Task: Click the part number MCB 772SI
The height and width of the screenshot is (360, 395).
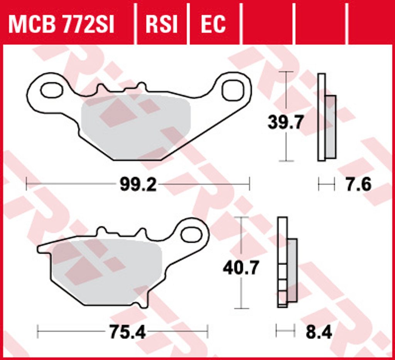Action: [61, 24]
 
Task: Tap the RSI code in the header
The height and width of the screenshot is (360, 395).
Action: [162, 24]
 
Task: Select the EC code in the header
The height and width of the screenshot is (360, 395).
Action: [213, 24]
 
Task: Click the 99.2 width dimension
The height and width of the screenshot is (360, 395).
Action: [138, 185]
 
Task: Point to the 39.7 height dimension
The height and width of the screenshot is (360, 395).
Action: [285, 122]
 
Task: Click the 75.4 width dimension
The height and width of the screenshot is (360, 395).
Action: [127, 332]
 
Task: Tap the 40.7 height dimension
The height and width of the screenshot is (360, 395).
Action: [241, 268]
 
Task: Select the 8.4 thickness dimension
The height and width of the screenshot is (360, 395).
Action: [319, 332]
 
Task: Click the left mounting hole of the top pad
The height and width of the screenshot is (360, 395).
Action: [52, 90]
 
